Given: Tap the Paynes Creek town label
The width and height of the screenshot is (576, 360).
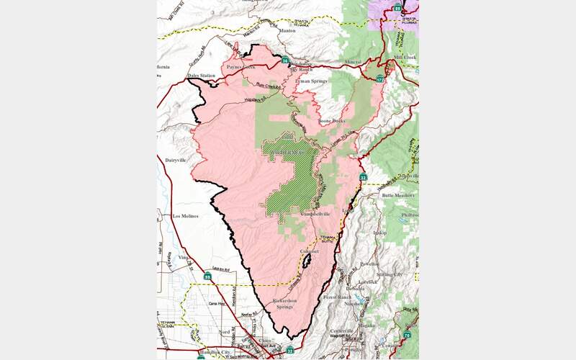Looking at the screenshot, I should (x=240, y=67).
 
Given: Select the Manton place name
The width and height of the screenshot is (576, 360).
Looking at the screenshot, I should (x=287, y=31).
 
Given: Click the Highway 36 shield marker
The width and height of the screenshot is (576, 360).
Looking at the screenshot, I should (x=286, y=61).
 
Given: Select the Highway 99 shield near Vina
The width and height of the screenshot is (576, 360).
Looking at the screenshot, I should (x=208, y=275).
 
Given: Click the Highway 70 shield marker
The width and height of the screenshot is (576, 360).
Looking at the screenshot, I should (x=407, y=335).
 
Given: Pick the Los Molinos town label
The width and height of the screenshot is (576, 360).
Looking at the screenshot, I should (x=186, y=215).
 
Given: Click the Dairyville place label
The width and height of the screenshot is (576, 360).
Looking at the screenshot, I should (x=176, y=160).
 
